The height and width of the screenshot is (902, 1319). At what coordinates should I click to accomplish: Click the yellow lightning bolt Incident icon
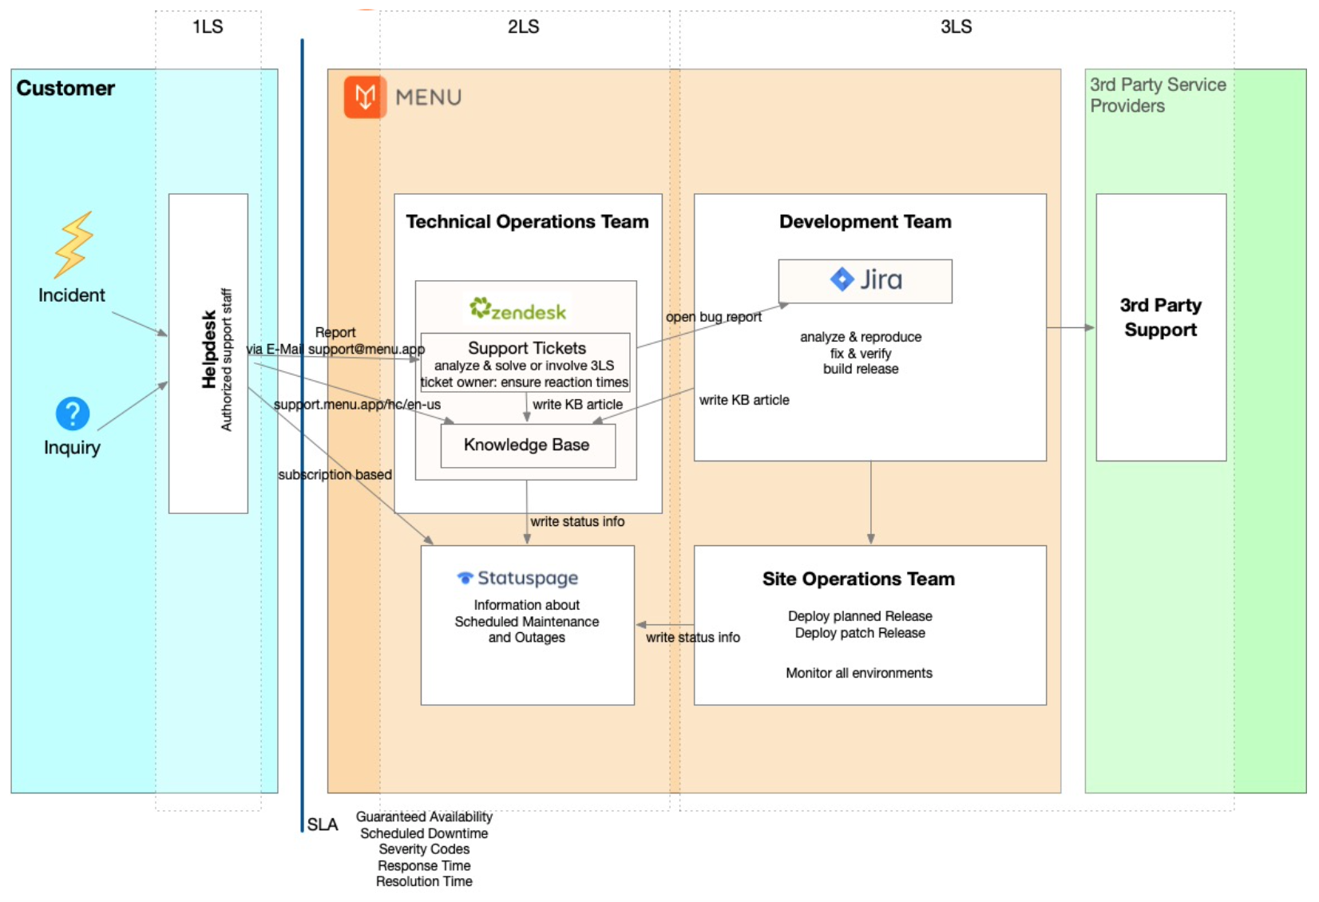(73, 244)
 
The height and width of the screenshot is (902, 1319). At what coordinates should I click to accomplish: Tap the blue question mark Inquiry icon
(72, 413)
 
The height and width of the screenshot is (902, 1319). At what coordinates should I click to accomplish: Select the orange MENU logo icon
(365, 97)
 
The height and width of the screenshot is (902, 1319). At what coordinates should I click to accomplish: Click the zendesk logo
(518, 310)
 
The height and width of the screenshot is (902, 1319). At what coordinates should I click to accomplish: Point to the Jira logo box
(865, 280)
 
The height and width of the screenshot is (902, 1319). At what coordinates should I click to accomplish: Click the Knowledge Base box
(527, 445)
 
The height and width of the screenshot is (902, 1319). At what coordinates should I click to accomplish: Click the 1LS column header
(208, 27)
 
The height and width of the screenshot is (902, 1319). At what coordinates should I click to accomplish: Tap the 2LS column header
(523, 27)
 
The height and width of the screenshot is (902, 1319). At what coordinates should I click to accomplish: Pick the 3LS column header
(956, 27)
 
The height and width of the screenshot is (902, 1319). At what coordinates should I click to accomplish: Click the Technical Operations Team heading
(527, 222)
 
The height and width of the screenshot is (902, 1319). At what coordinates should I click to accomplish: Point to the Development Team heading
(865, 222)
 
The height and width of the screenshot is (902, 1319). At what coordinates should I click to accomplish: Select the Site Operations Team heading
(858, 579)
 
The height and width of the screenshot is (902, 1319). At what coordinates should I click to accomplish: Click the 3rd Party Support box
(1160, 318)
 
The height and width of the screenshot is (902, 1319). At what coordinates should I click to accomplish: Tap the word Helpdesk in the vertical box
(209, 350)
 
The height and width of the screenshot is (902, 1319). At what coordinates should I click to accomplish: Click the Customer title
(65, 89)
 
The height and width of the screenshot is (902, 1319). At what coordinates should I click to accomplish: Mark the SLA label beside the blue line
(323, 825)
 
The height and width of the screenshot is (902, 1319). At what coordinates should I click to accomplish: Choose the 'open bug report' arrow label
(713, 317)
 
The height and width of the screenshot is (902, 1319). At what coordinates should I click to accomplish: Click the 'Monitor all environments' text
(858, 673)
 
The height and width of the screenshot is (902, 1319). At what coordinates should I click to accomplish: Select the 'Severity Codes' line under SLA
(424, 849)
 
